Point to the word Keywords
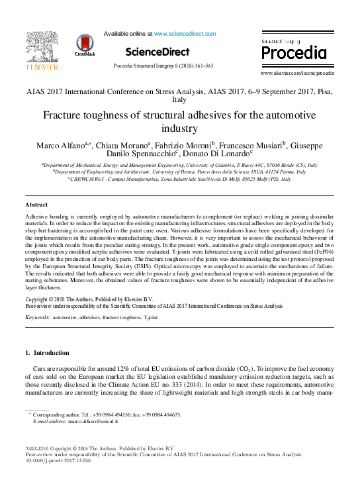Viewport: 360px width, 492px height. coord(37,318)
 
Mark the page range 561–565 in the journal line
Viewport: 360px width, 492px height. coord(201,66)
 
